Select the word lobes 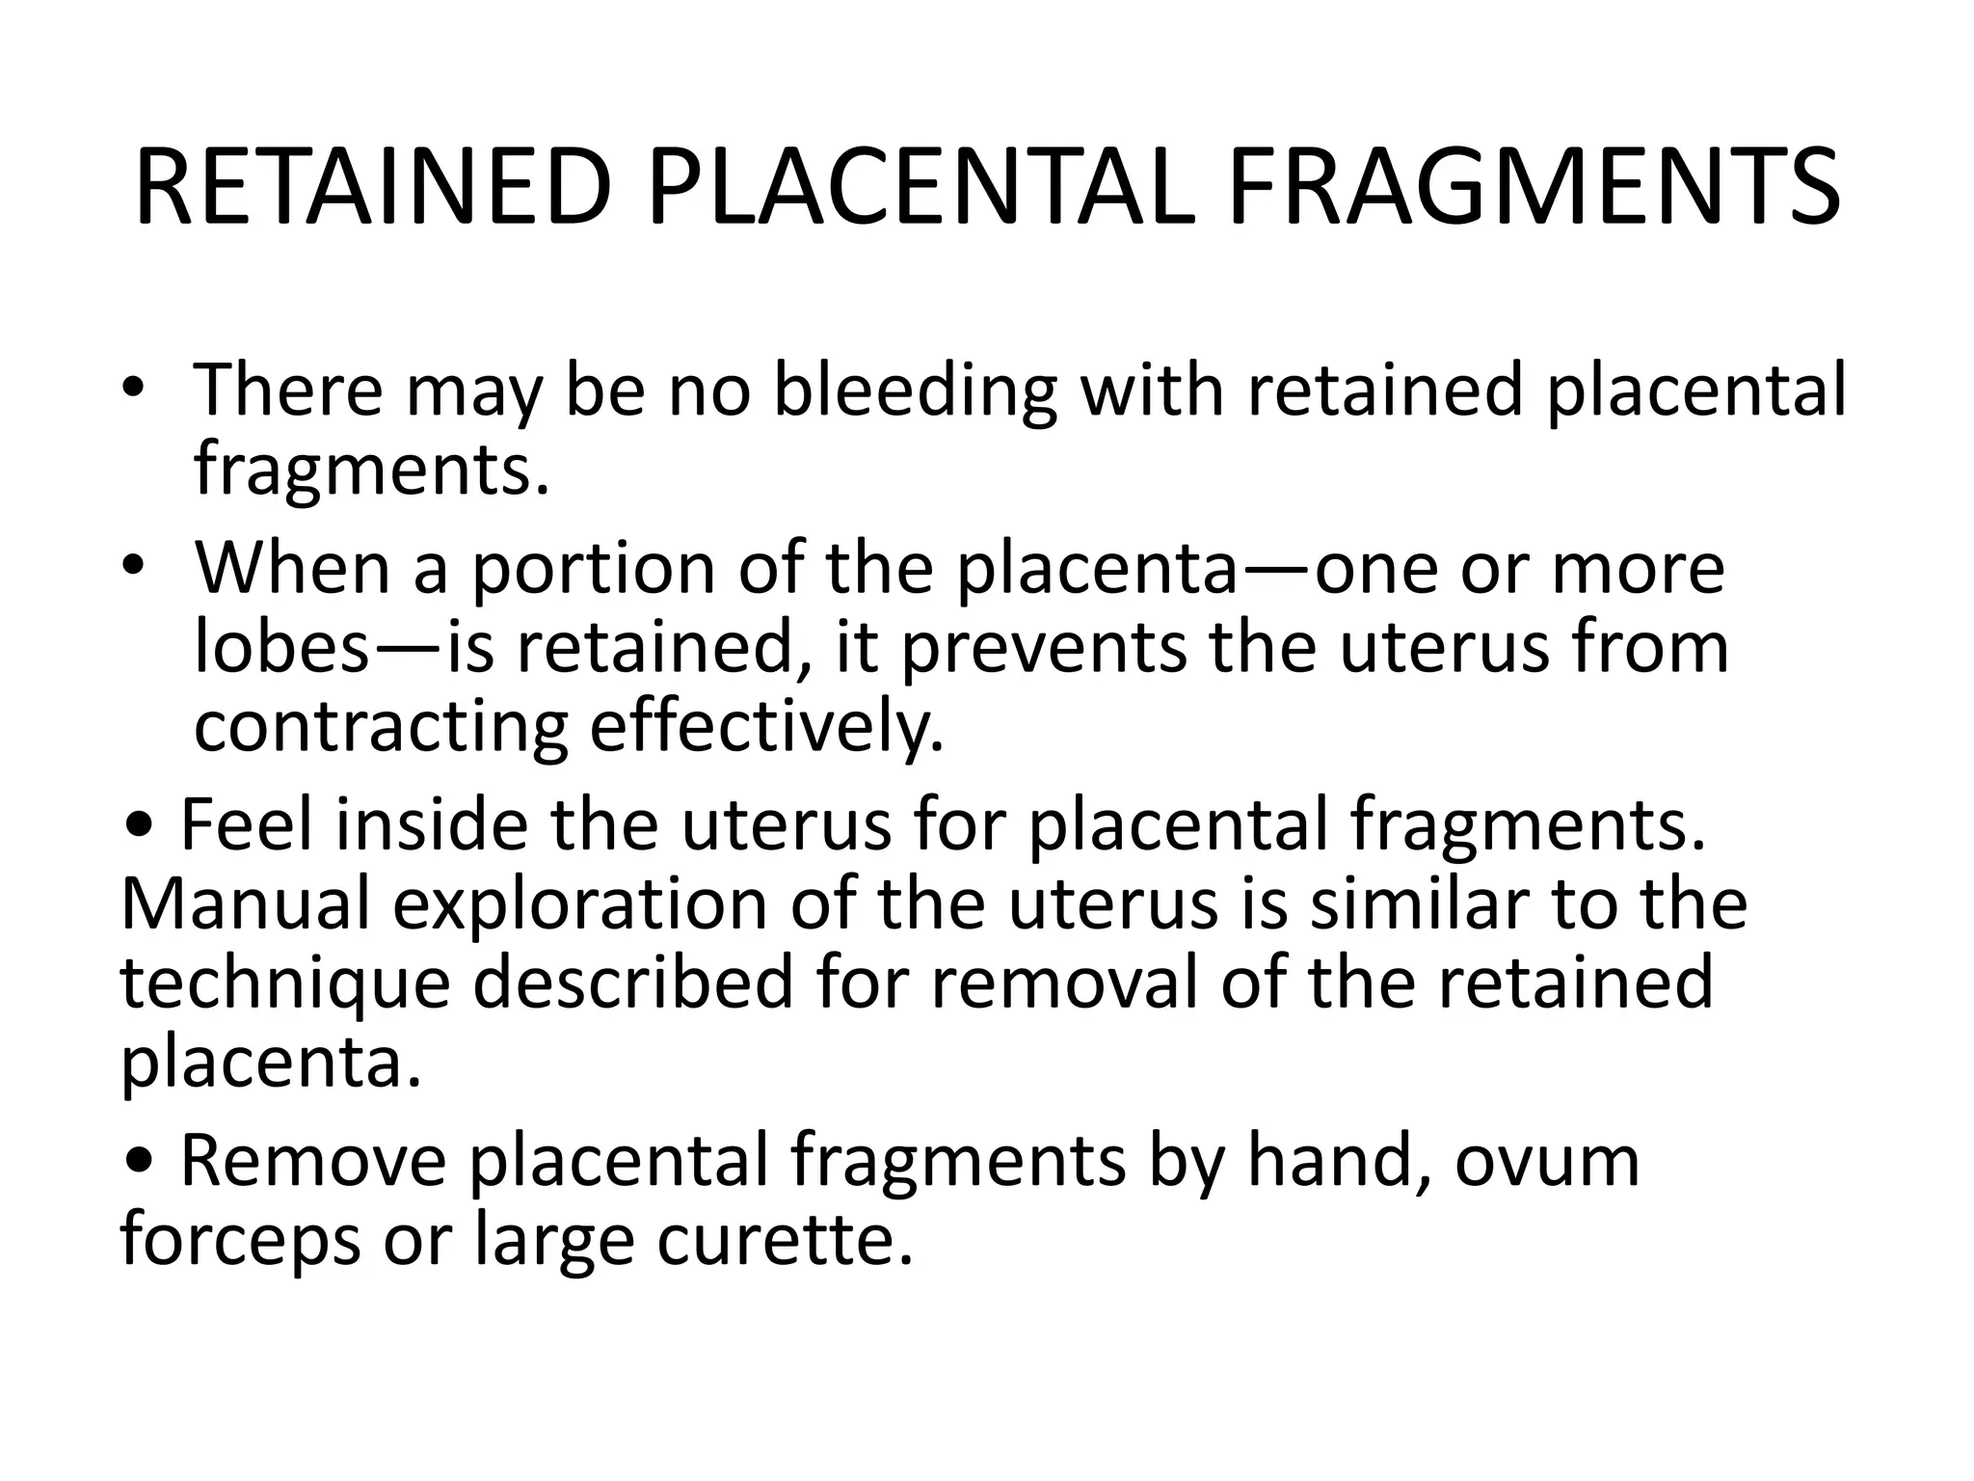tap(281, 648)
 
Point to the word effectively tap(766, 728)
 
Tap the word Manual tap(246, 904)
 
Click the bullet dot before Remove tap(140, 1163)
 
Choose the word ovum tap(1546, 1163)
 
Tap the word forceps tap(241, 1242)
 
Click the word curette tap(784, 1240)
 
